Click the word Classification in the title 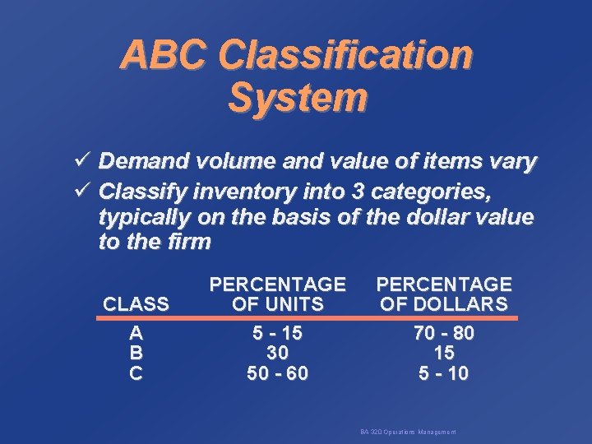tap(348, 56)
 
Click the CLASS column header tap(136, 304)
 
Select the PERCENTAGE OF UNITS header tap(277, 294)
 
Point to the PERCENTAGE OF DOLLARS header tap(444, 294)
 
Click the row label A tap(136, 334)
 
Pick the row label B tap(136, 354)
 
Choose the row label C tap(136, 373)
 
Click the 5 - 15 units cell tap(278, 334)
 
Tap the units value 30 tap(278, 354)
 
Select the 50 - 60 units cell tap(278, 373)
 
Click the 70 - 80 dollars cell tap(444, 334)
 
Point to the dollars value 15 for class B tap(444, 354)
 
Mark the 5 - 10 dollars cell tap(444, 373)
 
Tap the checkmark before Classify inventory tap(81, 192)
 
